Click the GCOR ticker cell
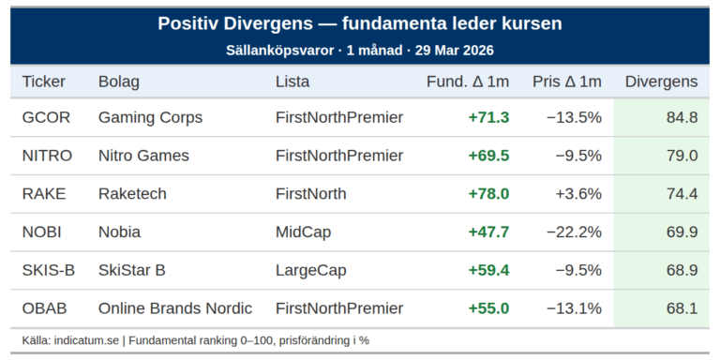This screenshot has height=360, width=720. [46, 117]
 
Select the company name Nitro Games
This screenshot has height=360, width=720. [143, 156]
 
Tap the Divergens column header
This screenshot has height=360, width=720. [661, 82]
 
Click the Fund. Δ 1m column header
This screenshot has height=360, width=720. [468, 82]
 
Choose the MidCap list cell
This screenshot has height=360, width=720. [303, 232]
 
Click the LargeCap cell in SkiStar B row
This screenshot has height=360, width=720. [310, 270]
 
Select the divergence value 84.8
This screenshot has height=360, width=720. [681, 117]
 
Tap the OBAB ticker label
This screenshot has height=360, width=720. [46, 308]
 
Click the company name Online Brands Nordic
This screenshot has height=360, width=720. [175, 308]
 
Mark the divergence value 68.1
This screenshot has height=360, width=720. [681, 308]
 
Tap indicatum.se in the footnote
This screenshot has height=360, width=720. [85, 340]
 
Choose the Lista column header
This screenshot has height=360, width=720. [292, 82]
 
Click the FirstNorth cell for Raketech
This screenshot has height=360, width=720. [310, 194]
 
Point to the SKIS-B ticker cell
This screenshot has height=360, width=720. [49, 270]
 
